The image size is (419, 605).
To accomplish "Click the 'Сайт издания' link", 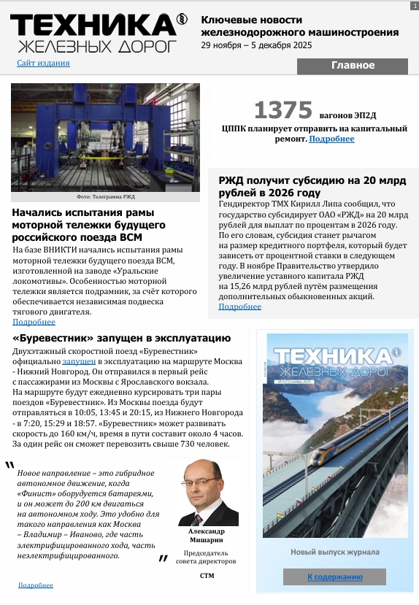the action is pyautogui.click(x=43, y=63).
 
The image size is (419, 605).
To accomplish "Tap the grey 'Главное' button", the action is pyautogui.click(x=352, y=66).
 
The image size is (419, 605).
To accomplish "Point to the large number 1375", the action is pyautogui.click(x=282, y=110).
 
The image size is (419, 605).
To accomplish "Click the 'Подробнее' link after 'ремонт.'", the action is pyautogui.click(x=331, y=139).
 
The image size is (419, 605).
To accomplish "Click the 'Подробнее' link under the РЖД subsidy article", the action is pyautogui.click(x=239, y=307).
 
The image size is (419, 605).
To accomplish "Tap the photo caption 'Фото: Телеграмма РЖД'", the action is pyautogui.click(x=106, y=197).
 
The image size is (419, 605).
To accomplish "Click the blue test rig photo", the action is pyautogui.click(x=106, y=136).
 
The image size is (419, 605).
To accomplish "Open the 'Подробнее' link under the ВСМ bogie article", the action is pyautogui.click(x=34, y=322).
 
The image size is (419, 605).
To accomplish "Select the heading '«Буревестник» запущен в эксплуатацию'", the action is pyautogui.click(x=122, y=338).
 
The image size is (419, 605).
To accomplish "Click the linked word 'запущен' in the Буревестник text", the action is pyautogui.click(x=79, y=361).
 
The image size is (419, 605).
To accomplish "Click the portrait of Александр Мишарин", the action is pyautogui.click(x=208, y=493).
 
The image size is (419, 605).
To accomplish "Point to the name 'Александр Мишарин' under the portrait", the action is pyautogui.click(x=208, y=536).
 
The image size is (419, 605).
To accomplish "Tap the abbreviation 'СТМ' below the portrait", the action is pyautogui.click(x=207, y=576).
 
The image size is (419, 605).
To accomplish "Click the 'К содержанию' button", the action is pyautogui.click(x=334, y=577).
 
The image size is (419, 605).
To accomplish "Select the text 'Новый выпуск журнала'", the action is pyautogui.click(x=335, y=552).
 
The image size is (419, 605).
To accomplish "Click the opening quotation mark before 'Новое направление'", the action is pyautogui.click(x=9, y=466).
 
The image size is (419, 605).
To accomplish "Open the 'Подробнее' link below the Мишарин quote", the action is pyautogui.click(x=36, y=585).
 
